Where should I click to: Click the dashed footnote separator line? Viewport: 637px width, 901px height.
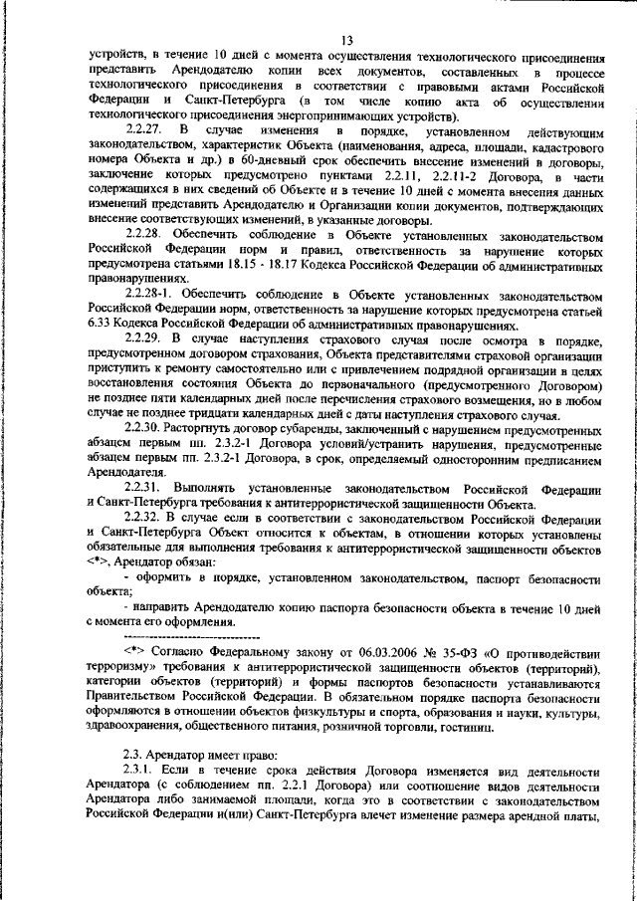(188, 635)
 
